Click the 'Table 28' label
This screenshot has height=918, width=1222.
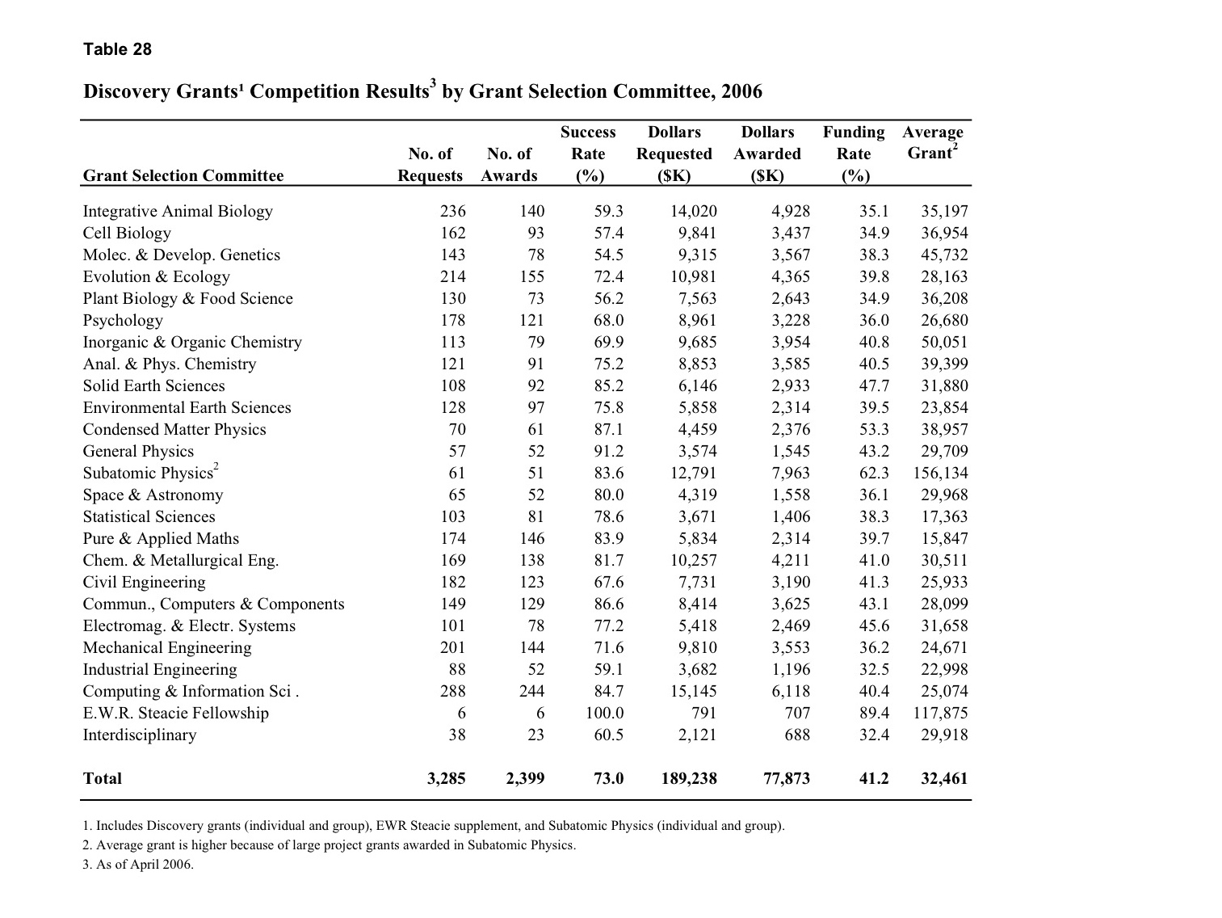coord(117,49)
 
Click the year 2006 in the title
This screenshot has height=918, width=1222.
coord(741,91)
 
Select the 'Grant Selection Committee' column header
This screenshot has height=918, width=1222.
coord(183,175)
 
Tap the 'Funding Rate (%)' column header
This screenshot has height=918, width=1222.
coord(853,154)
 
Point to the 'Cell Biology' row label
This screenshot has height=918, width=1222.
coord(127,233)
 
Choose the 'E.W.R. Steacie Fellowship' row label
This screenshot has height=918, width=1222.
coord(175,713)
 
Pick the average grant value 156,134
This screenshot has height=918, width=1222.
coord(940,474)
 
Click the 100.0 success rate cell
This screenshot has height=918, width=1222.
coord(604,713)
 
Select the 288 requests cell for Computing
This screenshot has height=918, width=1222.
coord(452,691)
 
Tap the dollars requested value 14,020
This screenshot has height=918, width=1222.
coord(694,211)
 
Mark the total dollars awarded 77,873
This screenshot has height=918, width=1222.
coord(786,778)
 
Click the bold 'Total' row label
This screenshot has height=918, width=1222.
coord(103,778)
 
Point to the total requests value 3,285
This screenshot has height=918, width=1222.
coord(446,778)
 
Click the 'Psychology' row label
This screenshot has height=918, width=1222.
coord(123,320)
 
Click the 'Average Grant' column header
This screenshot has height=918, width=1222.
coord(933,142)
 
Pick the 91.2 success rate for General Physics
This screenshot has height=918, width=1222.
coord(608,451)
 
